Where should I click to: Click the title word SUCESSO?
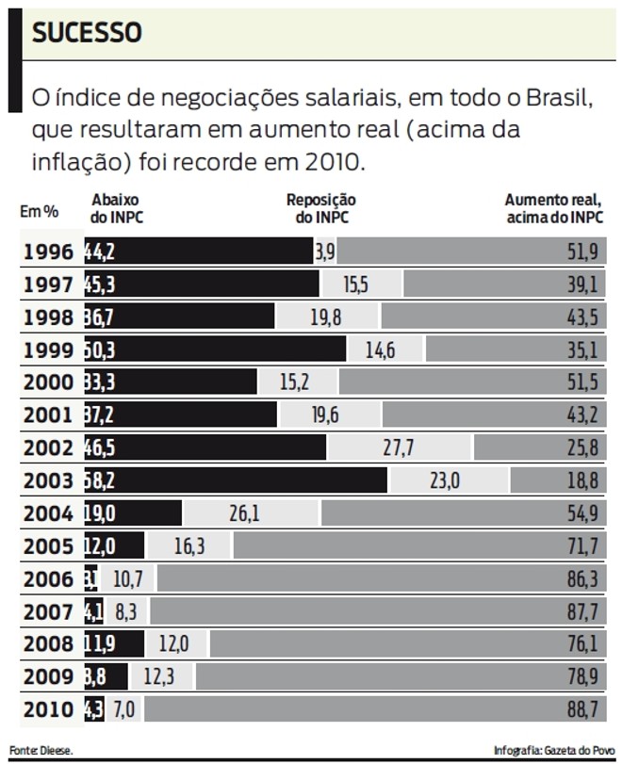87,34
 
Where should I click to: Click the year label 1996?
48,252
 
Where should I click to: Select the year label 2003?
48,480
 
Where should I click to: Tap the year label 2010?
48,709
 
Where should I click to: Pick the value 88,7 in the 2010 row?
581,709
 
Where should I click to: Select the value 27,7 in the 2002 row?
399,448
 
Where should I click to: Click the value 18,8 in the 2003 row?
581,480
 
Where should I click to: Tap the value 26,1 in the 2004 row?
244,513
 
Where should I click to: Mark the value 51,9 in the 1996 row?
581,252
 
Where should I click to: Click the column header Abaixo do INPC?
117,208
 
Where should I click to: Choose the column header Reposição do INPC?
320,208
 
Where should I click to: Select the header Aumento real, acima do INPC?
554,208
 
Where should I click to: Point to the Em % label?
40,212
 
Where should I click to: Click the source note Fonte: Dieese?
41,750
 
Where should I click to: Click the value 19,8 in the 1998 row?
326,317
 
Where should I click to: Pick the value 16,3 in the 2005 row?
188,546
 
